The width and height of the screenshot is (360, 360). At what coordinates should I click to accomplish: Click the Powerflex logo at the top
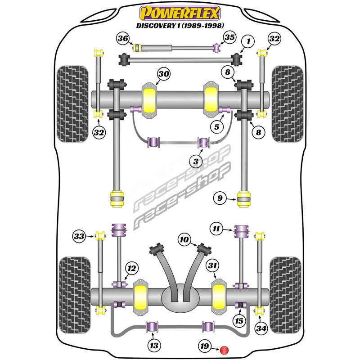pyautogui.click(x=180, y=13)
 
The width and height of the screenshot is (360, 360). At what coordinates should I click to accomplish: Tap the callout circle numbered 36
pyautogui.click(x=123, y=39)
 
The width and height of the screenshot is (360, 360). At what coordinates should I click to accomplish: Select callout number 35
pyautogui.click(x=229, y=37)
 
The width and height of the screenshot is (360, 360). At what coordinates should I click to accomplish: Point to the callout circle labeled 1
pyautogui.click(x=246, y=42)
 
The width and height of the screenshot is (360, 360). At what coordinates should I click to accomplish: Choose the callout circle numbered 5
pyautogui.click(x=217, y=127)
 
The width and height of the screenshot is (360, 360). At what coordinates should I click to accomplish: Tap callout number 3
pyautogui.click(x=196, y=160)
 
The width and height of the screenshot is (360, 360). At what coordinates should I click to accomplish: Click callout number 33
pyautogui.click(x=80, y=235)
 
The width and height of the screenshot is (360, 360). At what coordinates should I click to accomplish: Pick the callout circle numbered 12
pyautogui.click(x=131, y=268)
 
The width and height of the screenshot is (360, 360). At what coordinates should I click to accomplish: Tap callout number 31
pyautogui.click(x=212, y=266)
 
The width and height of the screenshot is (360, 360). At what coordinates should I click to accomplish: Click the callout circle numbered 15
pyautogui.click(x=238, y=320)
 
